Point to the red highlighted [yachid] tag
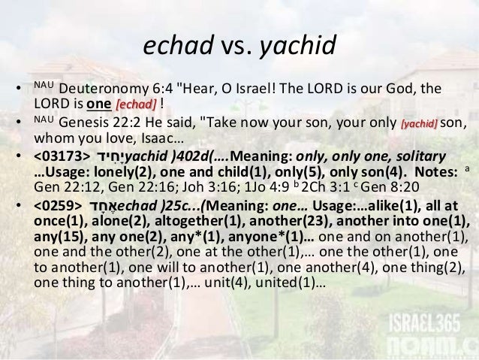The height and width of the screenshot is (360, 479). point(419,123)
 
